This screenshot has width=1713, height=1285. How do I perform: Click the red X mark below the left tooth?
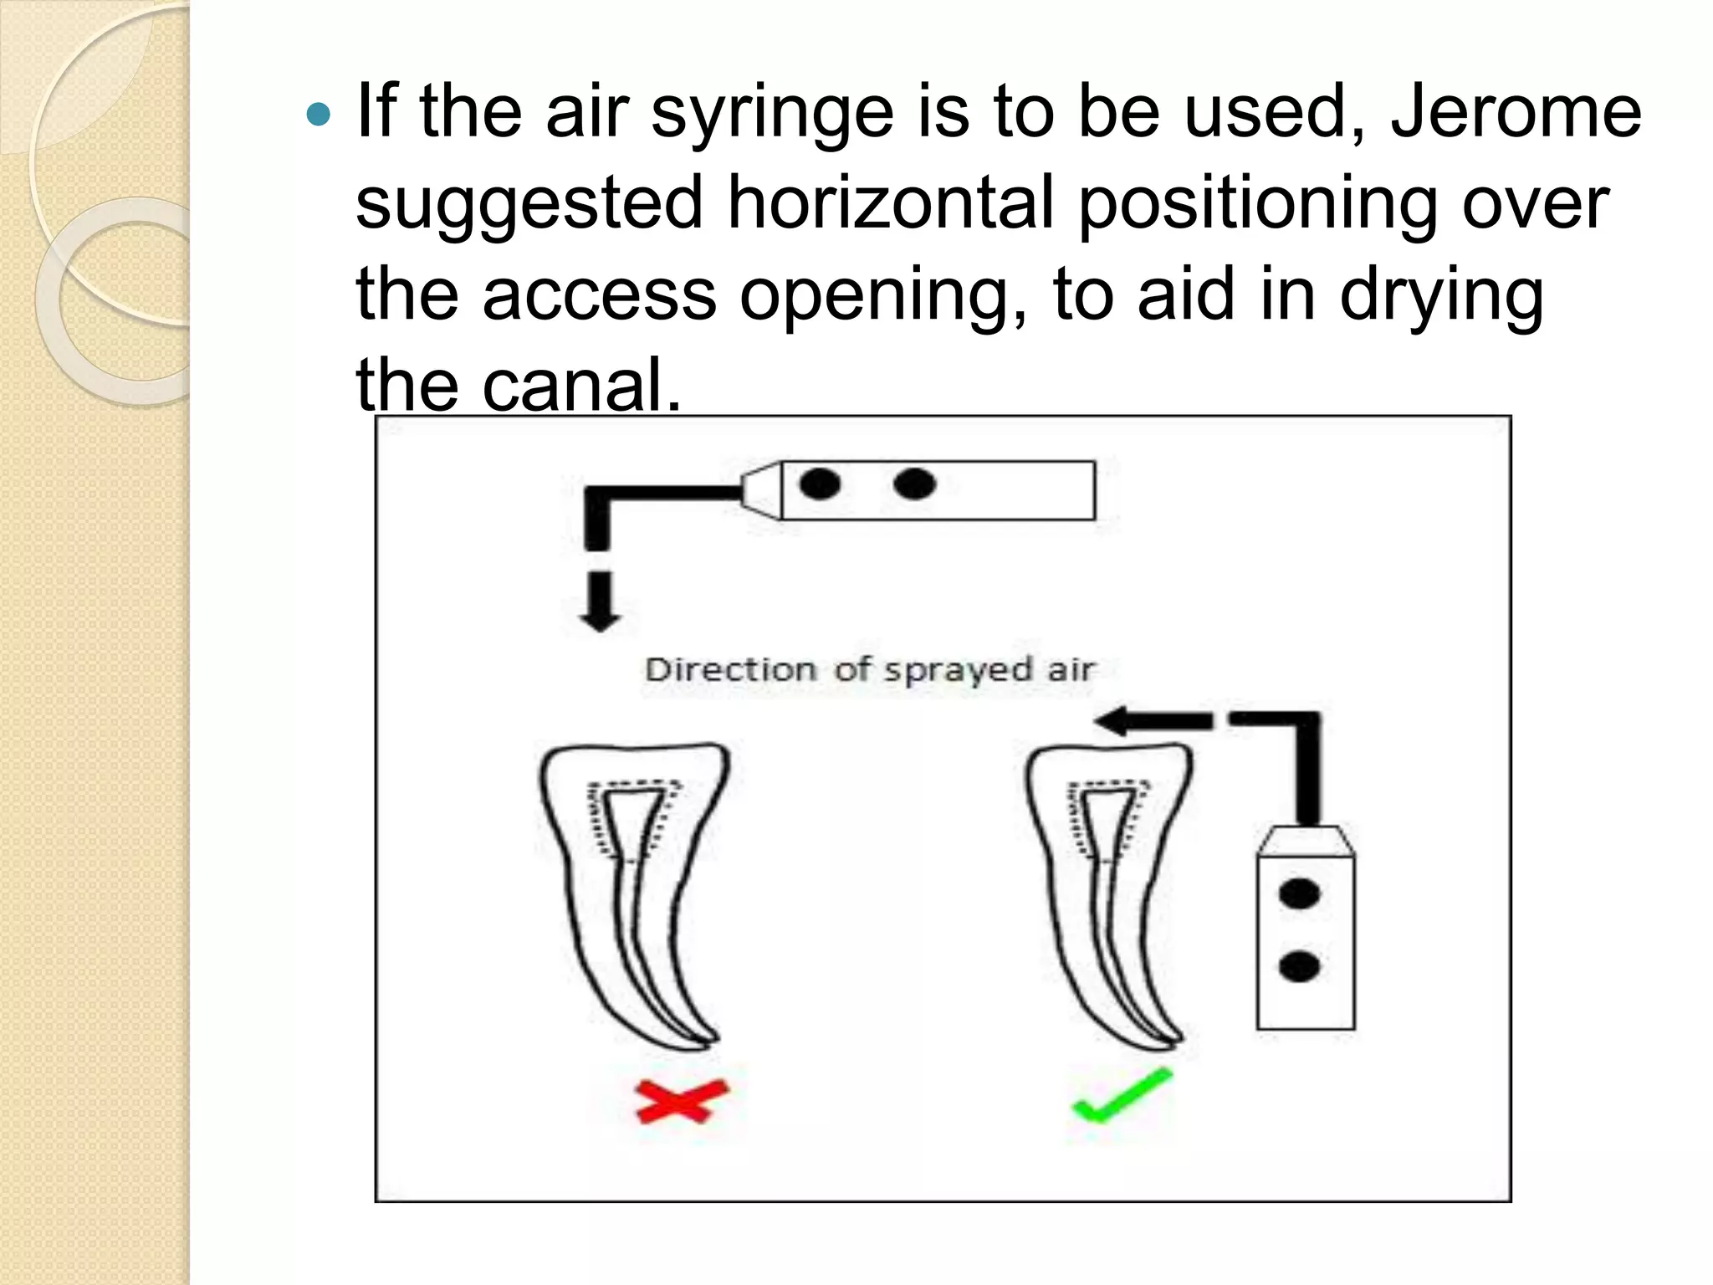(682, 1101)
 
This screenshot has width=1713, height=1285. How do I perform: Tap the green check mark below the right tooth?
(1121, 1097)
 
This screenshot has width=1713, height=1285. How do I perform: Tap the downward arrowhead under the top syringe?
(600, 619)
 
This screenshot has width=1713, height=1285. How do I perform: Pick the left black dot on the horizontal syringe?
(820, 484)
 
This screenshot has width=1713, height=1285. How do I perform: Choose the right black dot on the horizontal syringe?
(914, 484)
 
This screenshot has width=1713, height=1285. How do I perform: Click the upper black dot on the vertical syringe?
(1299, 893)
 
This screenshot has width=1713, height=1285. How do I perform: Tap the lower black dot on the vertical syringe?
(1299, 966)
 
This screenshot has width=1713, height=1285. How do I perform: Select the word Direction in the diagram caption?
(730, 670)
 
